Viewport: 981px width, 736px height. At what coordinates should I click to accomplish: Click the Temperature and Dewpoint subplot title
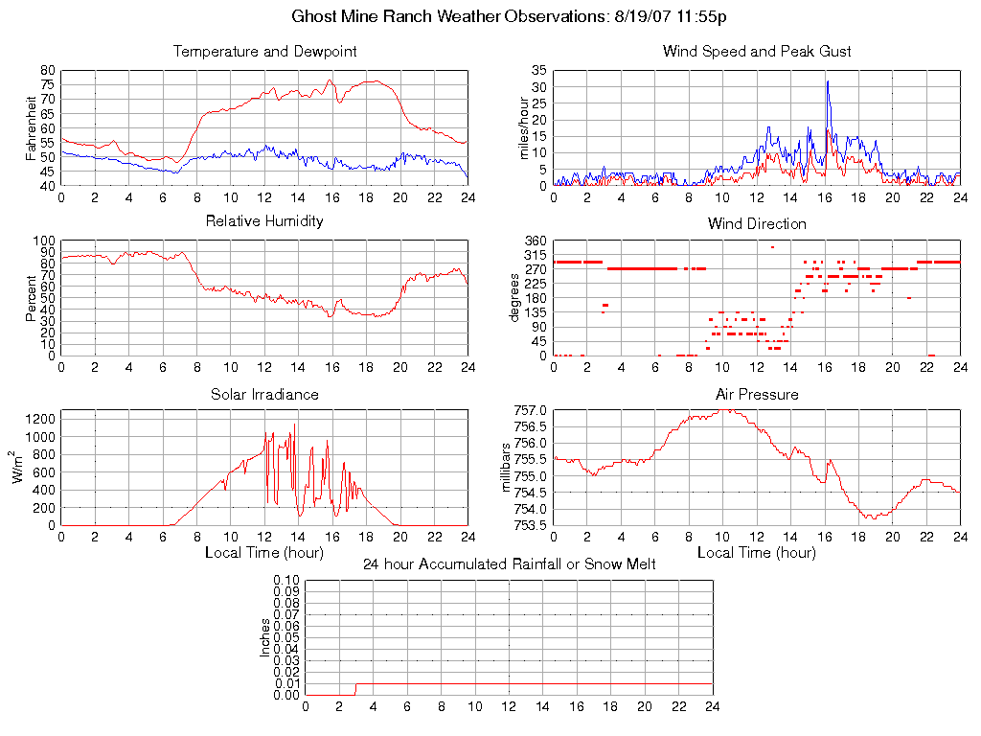click(x=264, y=52)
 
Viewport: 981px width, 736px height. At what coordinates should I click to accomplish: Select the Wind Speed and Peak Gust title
click(x=757, y=52)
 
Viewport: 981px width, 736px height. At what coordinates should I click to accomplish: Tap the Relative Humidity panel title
click(x=264, y=221)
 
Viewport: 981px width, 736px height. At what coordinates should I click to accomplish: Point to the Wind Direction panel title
click(x=757, y=223)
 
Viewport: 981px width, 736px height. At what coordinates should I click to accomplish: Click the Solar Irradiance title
click(x=264, y=394)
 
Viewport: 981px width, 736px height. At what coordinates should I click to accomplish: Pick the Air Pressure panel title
click(x=757, y=394)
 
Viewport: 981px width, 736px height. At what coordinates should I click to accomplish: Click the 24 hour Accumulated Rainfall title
click(x=509, y=564)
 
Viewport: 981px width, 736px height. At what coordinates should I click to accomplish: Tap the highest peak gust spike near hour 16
click(x=828, y=82)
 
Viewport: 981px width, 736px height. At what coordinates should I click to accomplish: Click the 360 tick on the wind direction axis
click(x=535, y=241)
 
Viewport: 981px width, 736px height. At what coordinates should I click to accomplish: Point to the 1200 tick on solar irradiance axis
click(x=39, y=419)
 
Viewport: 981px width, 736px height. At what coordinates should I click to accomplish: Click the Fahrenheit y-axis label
click(x=32, y=128)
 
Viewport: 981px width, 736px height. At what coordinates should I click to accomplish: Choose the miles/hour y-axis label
click(x=525, y=128)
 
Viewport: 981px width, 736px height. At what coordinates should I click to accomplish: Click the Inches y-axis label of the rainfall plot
click(x=265, y=638)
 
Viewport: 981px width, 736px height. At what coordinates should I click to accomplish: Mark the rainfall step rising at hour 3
click(x=356, y=689)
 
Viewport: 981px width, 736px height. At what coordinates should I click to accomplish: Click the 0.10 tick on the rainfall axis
click(x=285, y=581)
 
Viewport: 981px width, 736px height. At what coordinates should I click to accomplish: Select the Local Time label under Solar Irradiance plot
click(x=264, y=553)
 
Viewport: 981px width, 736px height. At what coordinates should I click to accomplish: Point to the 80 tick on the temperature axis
click(x=47, y=71)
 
